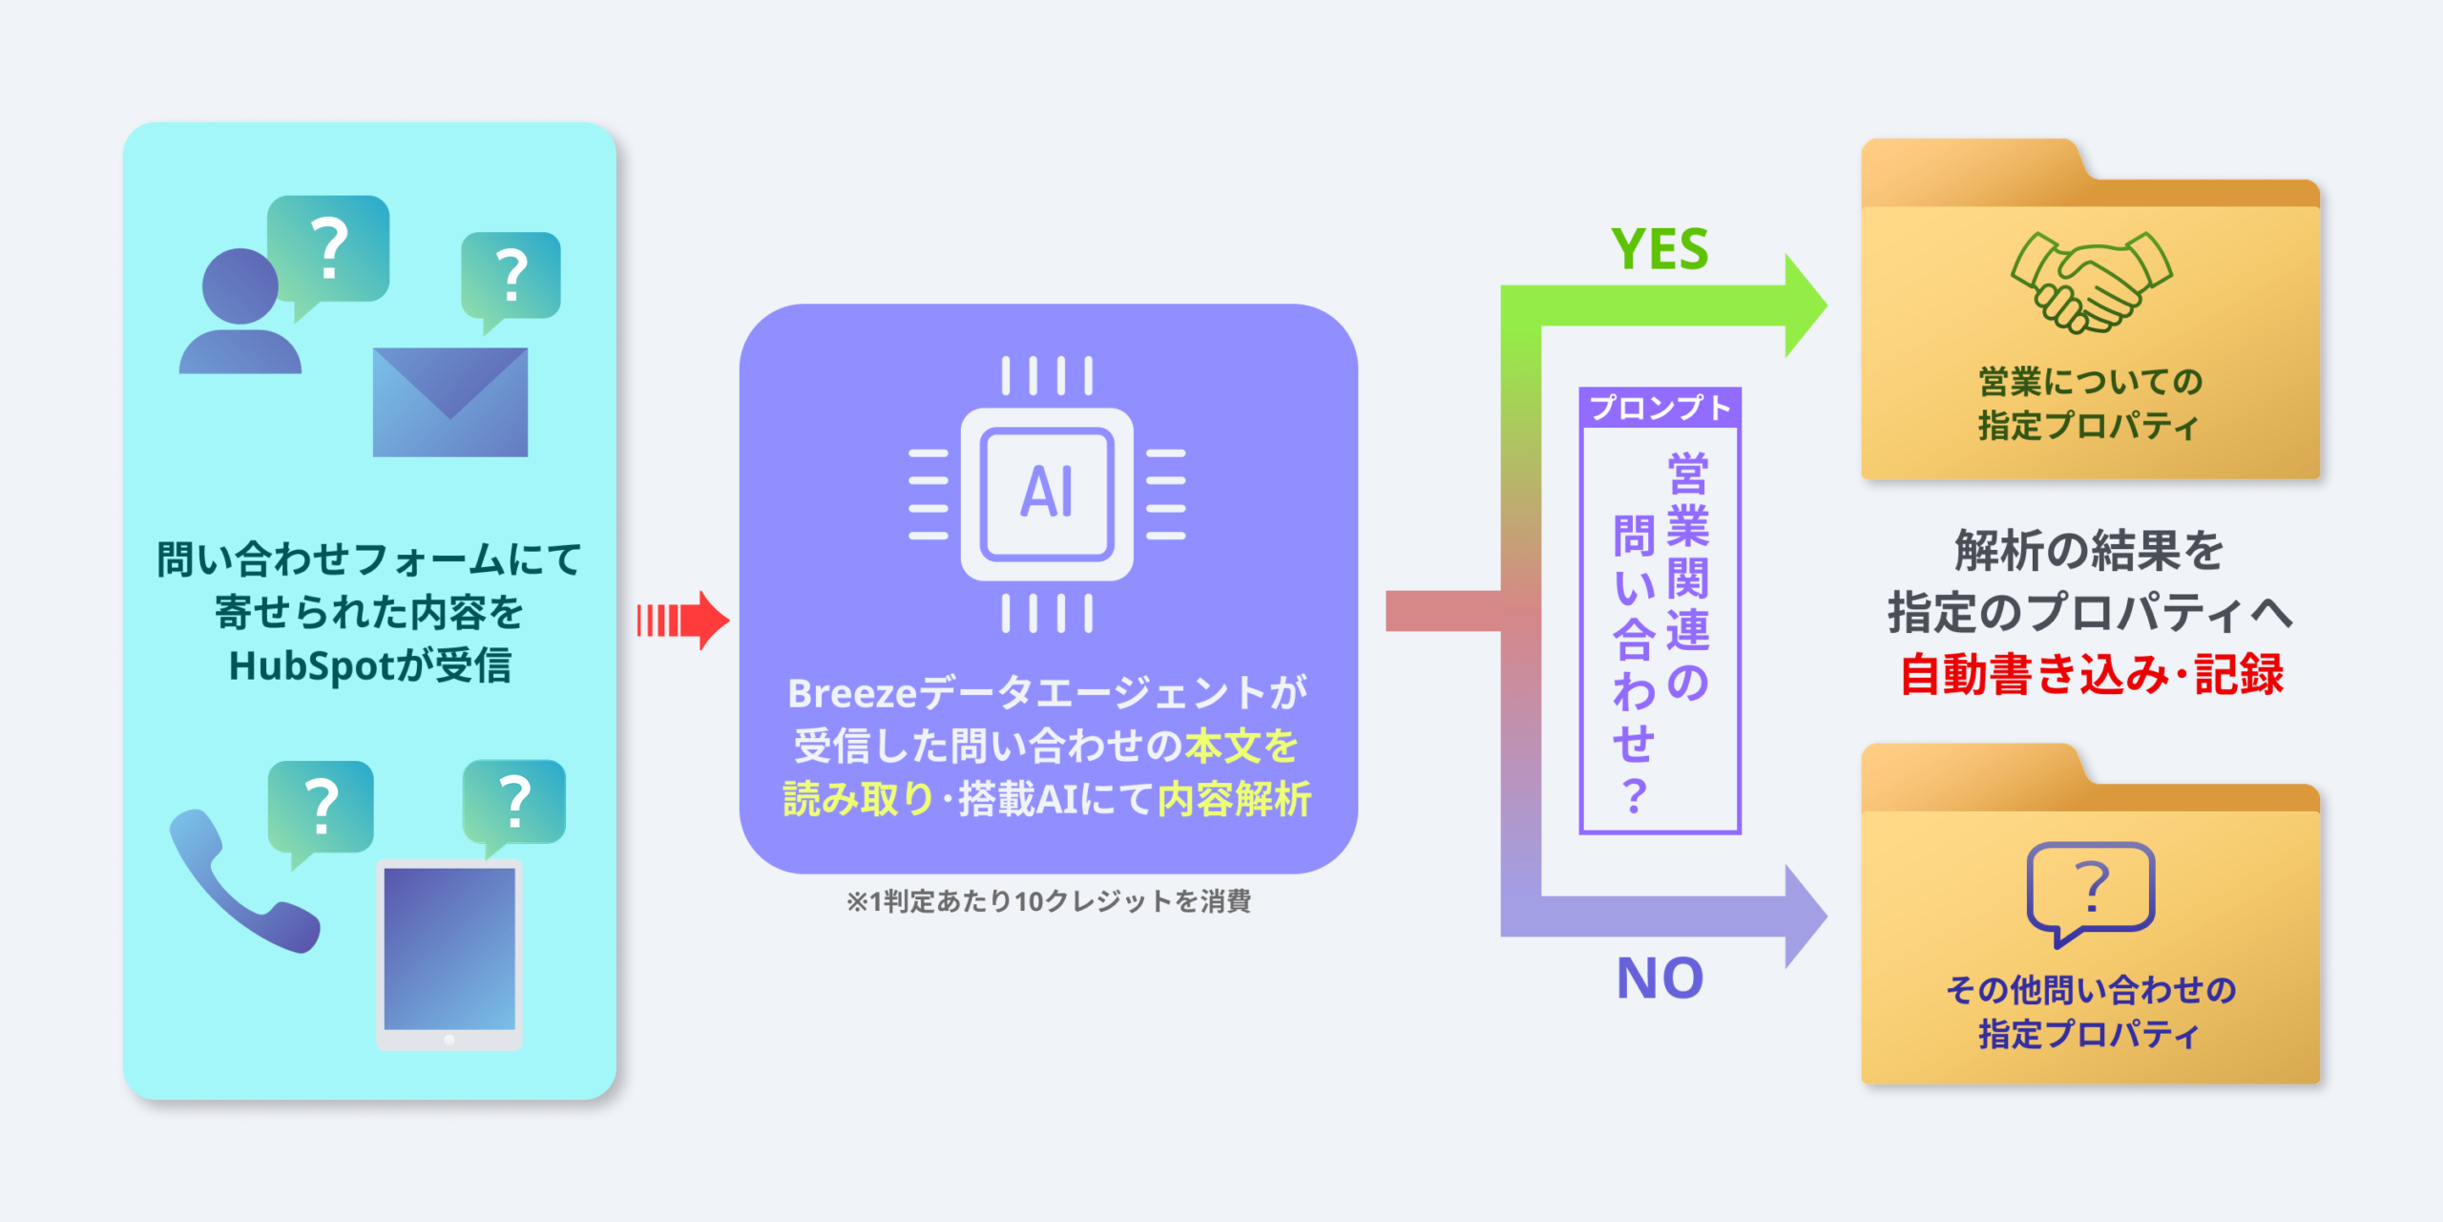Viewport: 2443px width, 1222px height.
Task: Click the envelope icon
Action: [x=449, y=402]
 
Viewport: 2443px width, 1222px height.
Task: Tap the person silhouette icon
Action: [x=240, y=315]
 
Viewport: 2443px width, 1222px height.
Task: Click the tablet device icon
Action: [x=449, y=955]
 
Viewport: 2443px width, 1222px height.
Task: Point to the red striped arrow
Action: [x=681, y=621]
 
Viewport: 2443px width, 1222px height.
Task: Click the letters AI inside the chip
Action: [x=1047, y=493]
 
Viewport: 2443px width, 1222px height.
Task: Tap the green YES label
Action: [x=1660, y=250]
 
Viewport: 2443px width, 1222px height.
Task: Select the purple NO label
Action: [x=1660, y=979]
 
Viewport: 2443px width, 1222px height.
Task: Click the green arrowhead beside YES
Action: [x=1804, y=305]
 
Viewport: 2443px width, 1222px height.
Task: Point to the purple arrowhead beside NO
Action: [x=1804, y=916]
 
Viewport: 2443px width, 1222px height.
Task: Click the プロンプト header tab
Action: [x=1660, y=409]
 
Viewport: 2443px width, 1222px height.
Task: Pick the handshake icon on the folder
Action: [x=2091, y=282]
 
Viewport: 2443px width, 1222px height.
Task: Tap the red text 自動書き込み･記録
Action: [x=2091, y=674]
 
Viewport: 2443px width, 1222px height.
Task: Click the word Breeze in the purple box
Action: [x=851, y=694]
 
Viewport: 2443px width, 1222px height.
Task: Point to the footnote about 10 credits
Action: [x=1048, y=901]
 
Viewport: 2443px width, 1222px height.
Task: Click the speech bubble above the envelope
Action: [x=511, y=277]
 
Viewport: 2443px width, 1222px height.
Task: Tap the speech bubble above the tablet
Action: [x=514, y=803]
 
